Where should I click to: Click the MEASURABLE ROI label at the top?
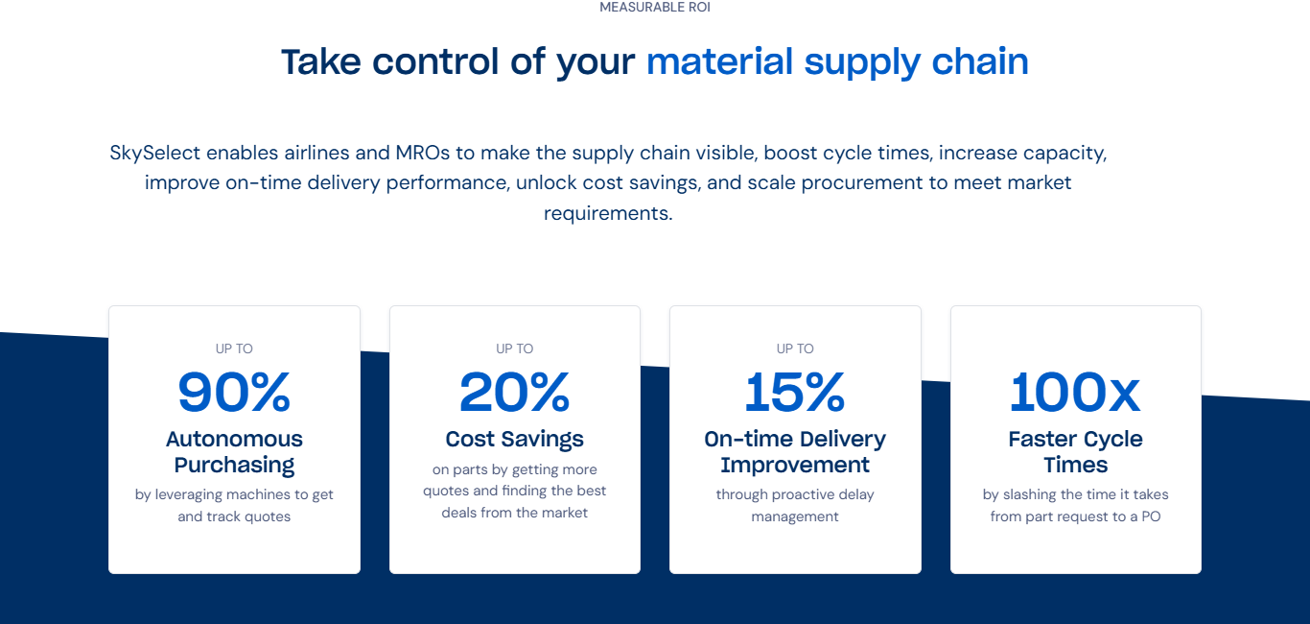(x=655, y=7)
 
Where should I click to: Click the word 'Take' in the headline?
(x=321, y=62)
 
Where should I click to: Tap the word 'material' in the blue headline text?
(x=719, y=62)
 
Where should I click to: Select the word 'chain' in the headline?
(x=980, y=61)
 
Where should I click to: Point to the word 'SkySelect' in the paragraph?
(x=155, y=154)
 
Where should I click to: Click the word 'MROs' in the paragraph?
(x=423, y=153)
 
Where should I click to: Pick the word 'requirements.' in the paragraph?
(x=608, y=214)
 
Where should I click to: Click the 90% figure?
(x=234, y=393)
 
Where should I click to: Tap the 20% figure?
(x=515, y=393)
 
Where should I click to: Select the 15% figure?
(x=795, y=393)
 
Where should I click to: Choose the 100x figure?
(x=1075, y=393)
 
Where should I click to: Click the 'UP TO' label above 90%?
(x=234, y=348)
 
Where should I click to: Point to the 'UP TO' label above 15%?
(x=795, y=348)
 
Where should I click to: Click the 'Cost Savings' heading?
(x=515, y=439)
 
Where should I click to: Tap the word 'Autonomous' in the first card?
(x=234, y=439)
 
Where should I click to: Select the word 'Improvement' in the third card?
(x=795, y=465)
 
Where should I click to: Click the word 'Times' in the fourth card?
(x=1075, y=465)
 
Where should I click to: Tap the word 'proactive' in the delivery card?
(x=804, y=495)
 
